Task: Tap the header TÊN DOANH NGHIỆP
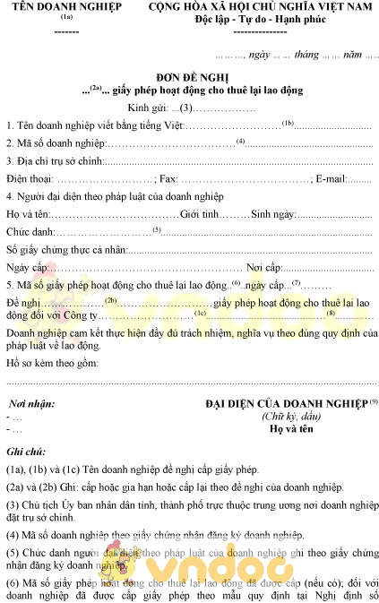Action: (x=67, y=8)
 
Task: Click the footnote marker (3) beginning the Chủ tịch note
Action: (x=13, y=504)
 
